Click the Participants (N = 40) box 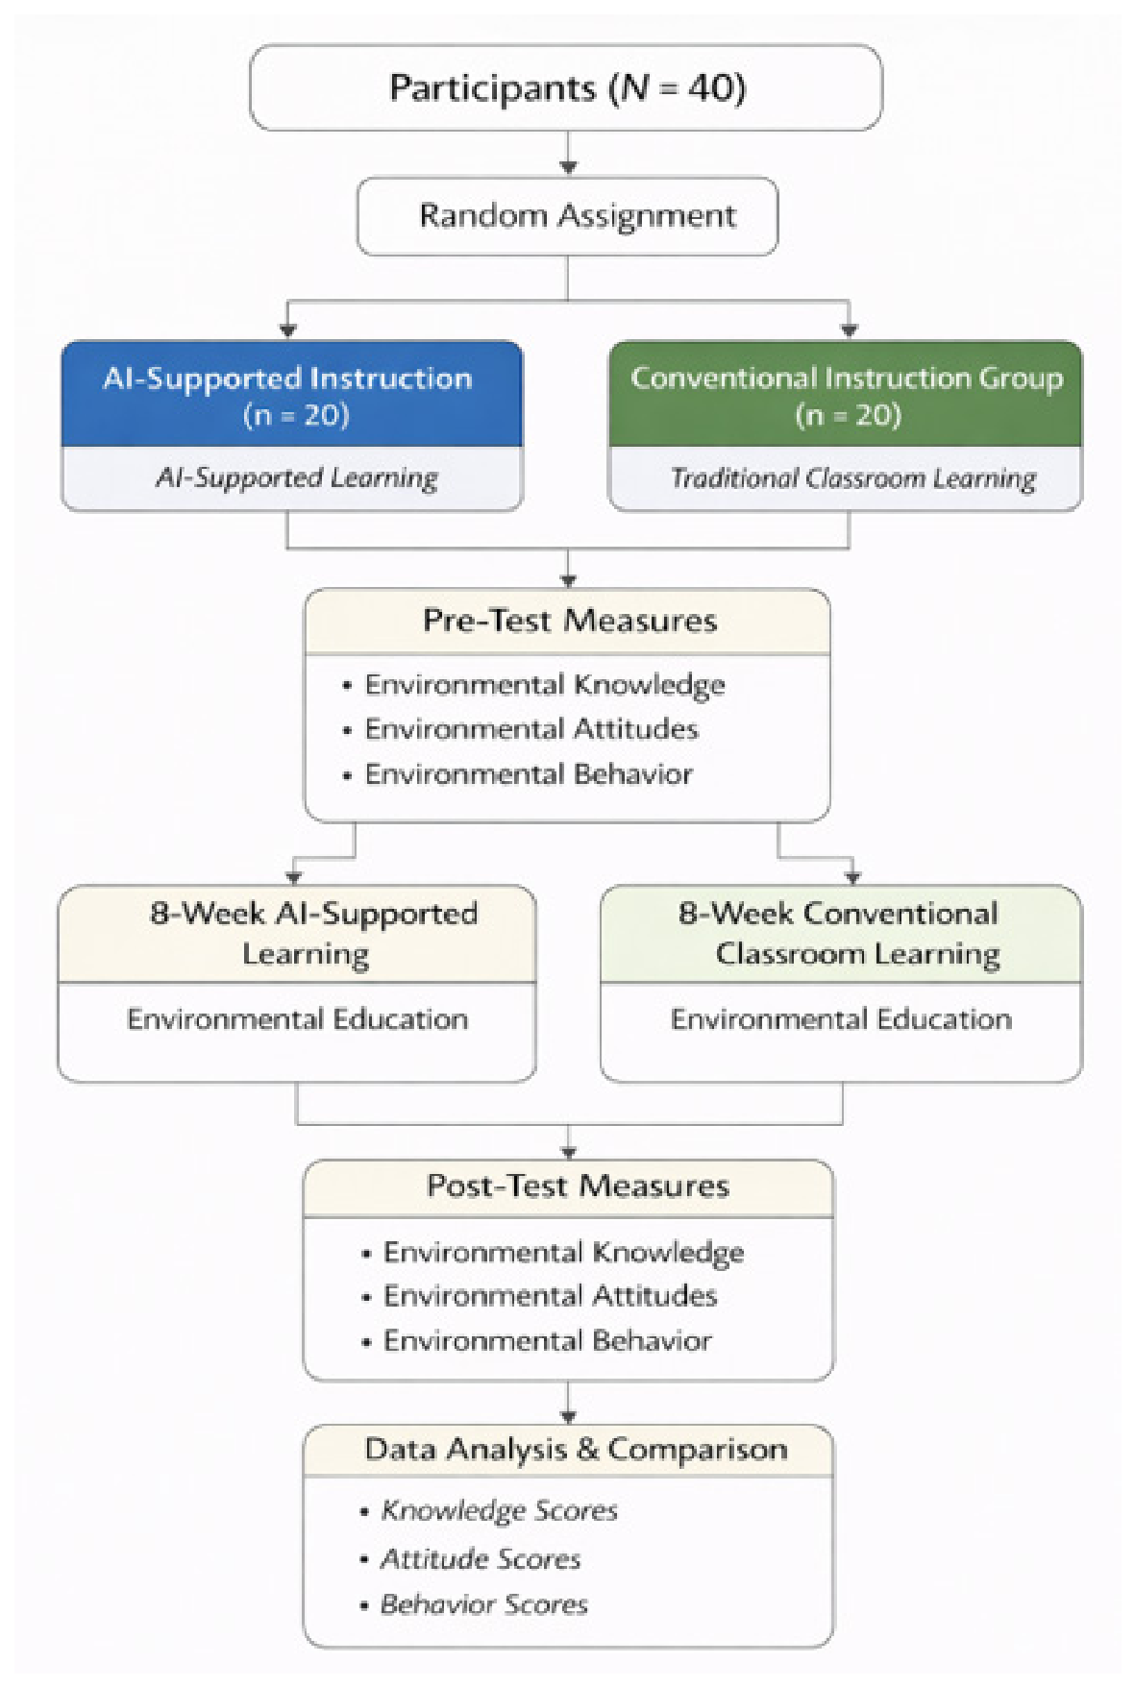[x=566, y=87]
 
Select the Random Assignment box [x=567, y=216]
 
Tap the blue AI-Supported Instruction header [x=292, y=394]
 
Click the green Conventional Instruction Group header [x=846, y=394]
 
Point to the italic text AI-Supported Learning [x=297, y=477]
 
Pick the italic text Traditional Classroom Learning [x=853, y=477]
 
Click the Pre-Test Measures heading [x=570, y=621]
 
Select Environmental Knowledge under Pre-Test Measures [x=545, y=685]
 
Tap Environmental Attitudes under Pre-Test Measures [x=531, y=729]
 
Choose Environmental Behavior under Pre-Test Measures [x=529, y=774]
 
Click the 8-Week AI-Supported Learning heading [x=313, y=933]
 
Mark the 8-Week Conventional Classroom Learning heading [x=839, y=933]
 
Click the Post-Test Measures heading [x=578, y=1186]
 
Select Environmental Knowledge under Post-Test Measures [x=563, y=1253]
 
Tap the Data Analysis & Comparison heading [x=576, y=1450]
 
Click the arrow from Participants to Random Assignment [x=568, y=153]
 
